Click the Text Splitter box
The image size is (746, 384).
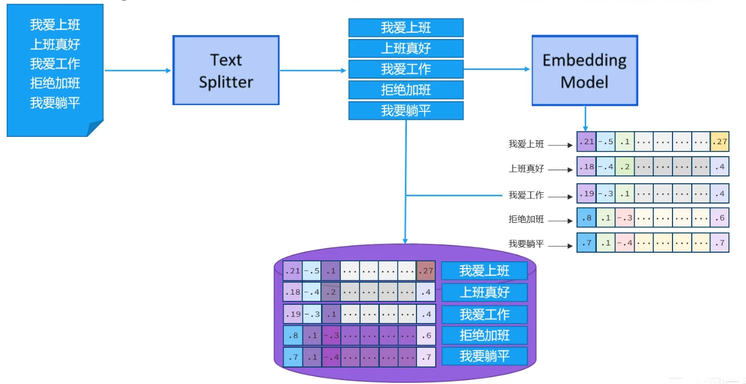tap(225, 70)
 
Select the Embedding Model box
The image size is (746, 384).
tap(584, 70)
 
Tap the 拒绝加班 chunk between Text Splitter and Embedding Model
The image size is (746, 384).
tap(406, 89)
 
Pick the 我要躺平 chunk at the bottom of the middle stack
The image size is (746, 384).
tap(406, 110)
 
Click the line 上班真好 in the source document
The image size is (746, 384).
tap(55, 44)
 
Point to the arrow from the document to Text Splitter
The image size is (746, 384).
tap(138, 71)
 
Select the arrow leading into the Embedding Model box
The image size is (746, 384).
tap(497, 69)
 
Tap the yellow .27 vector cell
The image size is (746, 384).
tap(719, 142)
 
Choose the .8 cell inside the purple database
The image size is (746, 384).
tap(293, 335)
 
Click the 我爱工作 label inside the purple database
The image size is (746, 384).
tap(484, 314)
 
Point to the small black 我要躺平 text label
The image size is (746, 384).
tap(526, 244)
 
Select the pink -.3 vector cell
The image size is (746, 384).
tap(624, 218)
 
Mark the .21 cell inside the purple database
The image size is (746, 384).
tap(293, 271)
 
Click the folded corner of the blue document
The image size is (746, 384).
tap(96, 128)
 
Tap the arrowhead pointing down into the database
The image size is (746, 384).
tap(405, 240)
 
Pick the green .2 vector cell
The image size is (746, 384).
tap(624, 167)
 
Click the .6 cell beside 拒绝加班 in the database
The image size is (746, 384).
tap(426, 335)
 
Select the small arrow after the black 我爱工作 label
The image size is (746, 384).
tap(561, 197)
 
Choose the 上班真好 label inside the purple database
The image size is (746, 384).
tap(484, 292)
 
